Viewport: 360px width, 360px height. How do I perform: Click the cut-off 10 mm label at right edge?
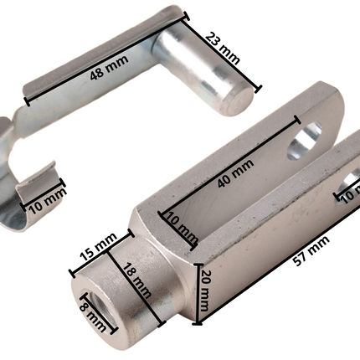(x=349, y=196)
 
